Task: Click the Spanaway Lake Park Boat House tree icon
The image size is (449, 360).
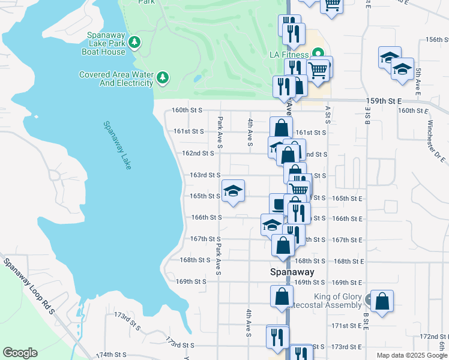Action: (136, 41)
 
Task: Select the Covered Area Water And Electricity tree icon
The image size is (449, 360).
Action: (162, 77)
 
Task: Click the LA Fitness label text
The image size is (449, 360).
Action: (289, 55)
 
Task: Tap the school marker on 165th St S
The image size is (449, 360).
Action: (234, 191)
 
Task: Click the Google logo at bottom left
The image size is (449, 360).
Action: (20, 353)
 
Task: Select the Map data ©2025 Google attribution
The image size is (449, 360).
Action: (411, 355)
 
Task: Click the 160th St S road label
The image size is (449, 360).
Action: (187, 110)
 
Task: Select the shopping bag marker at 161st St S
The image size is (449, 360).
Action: (281, 127)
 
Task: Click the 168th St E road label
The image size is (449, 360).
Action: (349, 261)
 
